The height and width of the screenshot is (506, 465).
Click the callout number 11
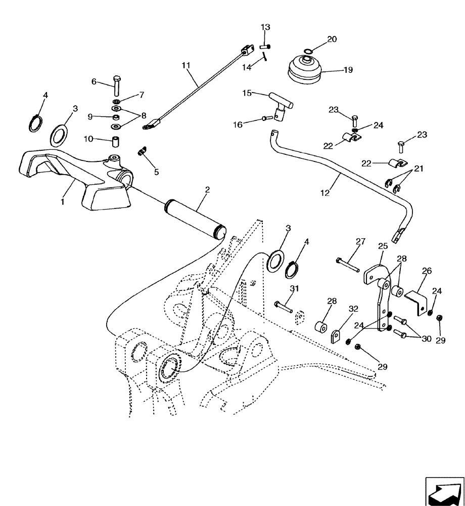[x=186, y=65]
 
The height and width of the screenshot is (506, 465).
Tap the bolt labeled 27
[x=347, y=264]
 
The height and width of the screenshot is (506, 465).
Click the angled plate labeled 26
[x=415, y=301]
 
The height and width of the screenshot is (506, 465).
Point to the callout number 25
[x=383, y=246]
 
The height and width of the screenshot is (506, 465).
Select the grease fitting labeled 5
[x=143, y=151]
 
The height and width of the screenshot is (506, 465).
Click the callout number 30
[x=427, y=339]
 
